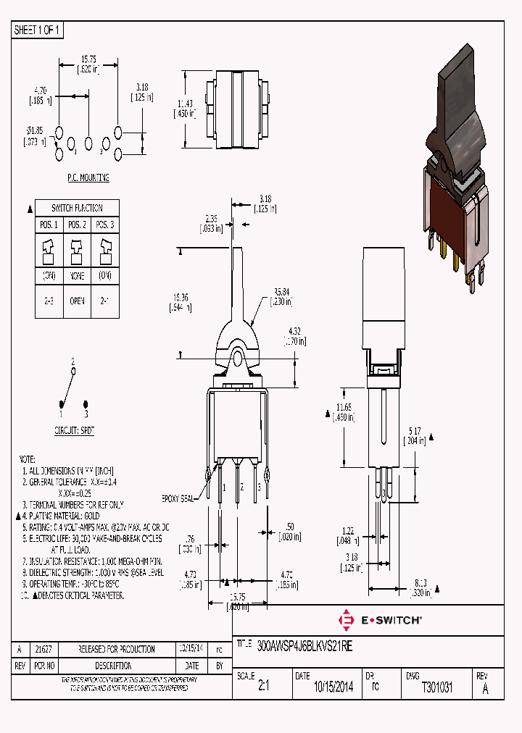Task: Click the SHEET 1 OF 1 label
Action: [x=38, y=30]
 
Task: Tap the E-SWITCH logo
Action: [x=381, y=621]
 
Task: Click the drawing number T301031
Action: [x=436, y=688]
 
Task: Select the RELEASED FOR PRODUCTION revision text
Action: [x=117, y=649]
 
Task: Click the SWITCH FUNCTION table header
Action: [x=77, y=208]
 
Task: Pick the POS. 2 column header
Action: [x=77, y=225]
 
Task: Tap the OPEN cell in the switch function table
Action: [x=77, y=301]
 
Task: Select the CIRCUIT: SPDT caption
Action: [x=74, y=430]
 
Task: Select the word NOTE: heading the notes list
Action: [x=26, y=459]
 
